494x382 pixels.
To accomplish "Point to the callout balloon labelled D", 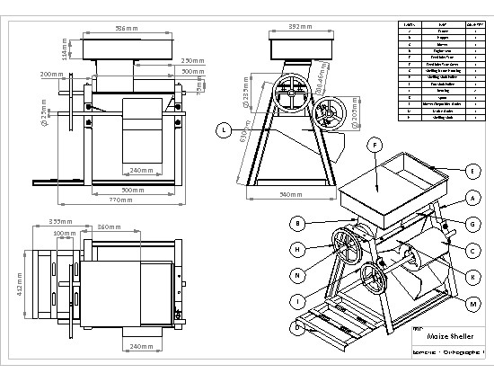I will [296, 327].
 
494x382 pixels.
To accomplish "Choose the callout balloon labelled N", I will [296, 274].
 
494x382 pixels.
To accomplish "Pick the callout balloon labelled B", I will [296, 222].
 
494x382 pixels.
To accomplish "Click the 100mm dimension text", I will [65, 234].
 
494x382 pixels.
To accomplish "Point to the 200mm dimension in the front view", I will [52, 74].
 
